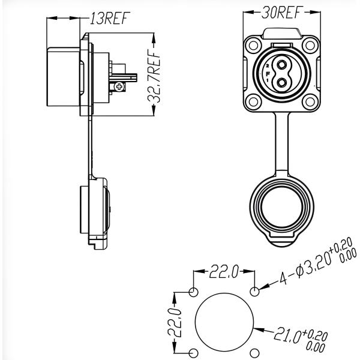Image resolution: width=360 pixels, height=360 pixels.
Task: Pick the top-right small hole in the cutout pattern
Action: coord(256,292)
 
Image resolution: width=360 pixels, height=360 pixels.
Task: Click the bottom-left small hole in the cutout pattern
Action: coord(194,353)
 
